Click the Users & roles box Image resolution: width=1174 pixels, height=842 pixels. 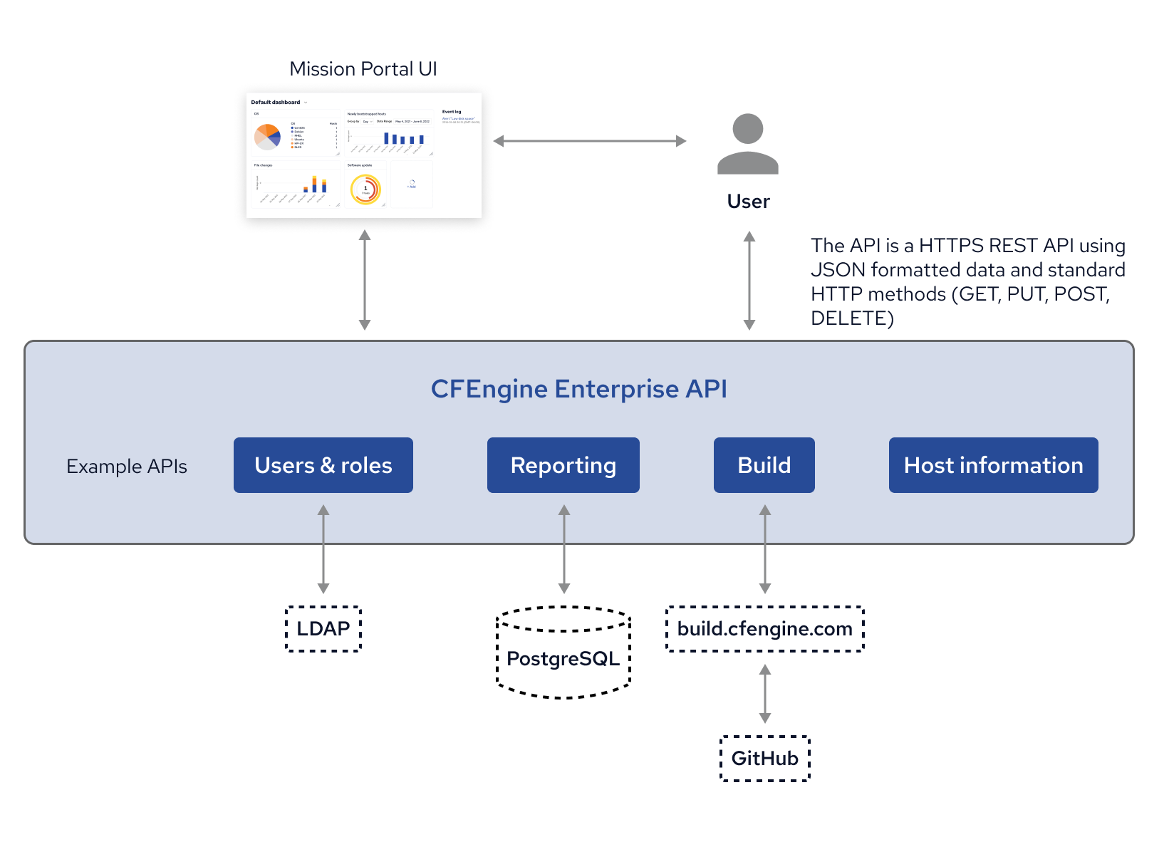[323, 465]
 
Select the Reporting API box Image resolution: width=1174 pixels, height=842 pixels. [563, 465]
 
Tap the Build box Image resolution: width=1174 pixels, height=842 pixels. [764, 465]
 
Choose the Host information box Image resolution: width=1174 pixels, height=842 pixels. [993, 465]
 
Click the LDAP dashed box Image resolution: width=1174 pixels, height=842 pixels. [323, 629]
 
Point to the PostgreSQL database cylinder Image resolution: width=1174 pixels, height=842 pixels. [563, 658]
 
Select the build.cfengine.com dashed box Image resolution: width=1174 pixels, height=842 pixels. [764, 629]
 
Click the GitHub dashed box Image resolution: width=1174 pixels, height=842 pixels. [765, 759]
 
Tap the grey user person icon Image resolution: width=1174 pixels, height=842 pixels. [747, 145]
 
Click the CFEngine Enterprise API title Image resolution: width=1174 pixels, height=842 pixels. [578, 389]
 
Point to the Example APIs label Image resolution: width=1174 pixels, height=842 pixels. [127, 467]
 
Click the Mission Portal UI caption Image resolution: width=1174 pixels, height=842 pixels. [363, 69]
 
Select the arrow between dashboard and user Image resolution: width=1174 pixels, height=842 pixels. [590, 141]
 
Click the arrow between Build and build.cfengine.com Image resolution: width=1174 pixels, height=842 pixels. [765, 549]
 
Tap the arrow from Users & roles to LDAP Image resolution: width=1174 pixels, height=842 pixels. [323, 549]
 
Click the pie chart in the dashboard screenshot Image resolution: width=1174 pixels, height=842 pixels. [267, 136]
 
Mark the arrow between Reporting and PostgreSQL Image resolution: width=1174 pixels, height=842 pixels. [564, 549]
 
